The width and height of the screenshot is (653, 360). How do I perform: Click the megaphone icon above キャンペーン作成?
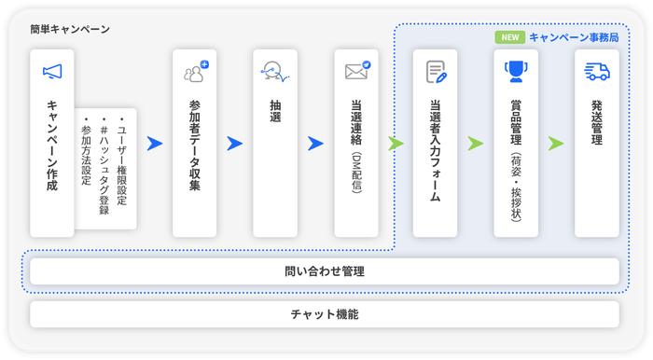[x=51, y=72]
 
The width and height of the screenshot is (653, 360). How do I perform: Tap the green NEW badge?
[x=510, y=38]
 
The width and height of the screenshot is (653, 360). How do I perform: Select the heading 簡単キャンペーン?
[x=70, y=29]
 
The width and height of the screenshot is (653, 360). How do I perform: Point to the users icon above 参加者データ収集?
[x=195, y=72]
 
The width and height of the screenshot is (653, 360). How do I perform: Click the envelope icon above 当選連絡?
[x=356, y=72]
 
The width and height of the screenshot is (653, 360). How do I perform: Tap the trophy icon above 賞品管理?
[x=515, y=72]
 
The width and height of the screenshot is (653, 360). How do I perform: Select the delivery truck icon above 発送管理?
[x=596, y=72]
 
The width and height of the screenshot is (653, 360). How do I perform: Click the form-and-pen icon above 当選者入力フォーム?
[x=436, y=72]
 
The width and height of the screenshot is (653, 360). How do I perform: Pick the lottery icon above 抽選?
[x=275, y=72]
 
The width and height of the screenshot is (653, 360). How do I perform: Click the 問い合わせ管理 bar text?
[x=324, y=272]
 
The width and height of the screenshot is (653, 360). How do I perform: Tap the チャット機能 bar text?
[x=324, y=314]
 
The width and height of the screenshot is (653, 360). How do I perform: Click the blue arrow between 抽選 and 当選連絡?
[x=315, y=144]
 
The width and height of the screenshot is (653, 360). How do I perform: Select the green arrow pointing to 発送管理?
[x=556, y=144]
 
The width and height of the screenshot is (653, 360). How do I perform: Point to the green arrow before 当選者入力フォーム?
[x=396, y=144]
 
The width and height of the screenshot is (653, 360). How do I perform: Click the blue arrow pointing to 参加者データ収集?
[x=155, y=144]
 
